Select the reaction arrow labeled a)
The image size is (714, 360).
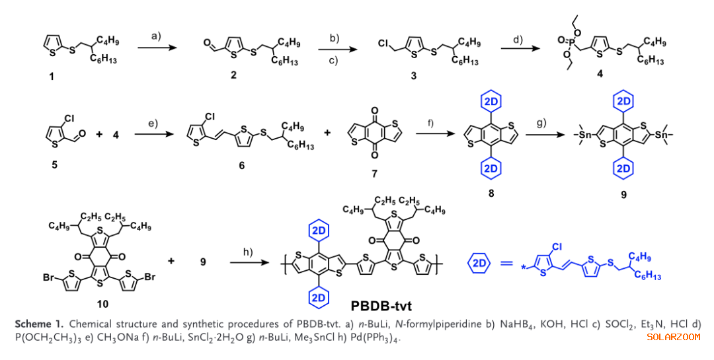click(157, 47)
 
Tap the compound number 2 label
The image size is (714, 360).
click(233, 76)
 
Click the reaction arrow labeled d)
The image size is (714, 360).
click(517, 47)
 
